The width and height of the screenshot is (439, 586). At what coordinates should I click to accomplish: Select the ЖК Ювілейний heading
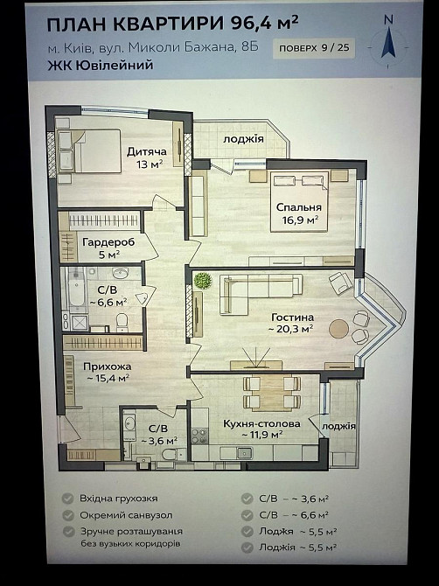(x=101, y=66)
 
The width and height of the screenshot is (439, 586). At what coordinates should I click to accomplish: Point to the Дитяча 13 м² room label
(x=146, y=157)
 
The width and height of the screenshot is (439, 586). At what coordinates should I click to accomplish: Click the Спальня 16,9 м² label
(x=299, y=213)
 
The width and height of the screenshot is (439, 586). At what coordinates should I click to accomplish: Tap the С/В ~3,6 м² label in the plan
(x=158, y=435)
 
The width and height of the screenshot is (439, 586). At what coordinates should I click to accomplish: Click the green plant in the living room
(x=203, y=281)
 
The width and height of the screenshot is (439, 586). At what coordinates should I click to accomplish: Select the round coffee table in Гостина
(x=338, y=328)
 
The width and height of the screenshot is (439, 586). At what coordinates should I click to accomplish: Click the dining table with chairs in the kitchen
(x=270, y=393)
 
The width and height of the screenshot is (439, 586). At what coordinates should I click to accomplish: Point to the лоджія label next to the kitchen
(x=338, y=426)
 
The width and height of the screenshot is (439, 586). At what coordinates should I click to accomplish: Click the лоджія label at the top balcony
(x=243, y=138)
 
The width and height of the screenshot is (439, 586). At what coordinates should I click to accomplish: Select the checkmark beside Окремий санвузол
(x=67, y=514)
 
